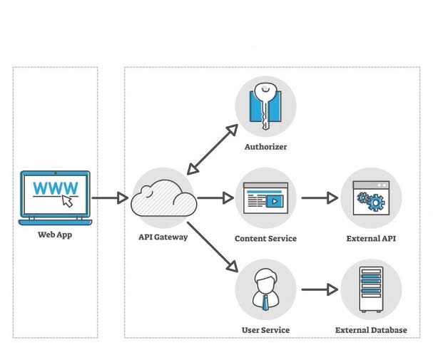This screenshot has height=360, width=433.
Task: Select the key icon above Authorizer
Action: pyautogui.click(x=265, y=107)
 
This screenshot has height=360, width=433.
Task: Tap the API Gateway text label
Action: pyautogui.click(x=163, y=237)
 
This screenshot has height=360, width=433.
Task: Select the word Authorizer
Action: pyautogui.click(x=265, y=148)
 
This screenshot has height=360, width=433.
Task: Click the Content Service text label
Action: pyautogui.click(x=265, y=238)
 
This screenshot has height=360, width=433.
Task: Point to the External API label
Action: pyautogui.click(x=371, y=238)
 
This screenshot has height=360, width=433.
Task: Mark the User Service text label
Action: pyautogui.click(x=265, y=330)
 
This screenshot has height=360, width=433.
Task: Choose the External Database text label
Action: pyautogui.click(x=371, y=330)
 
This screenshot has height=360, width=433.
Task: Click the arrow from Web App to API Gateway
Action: pyautogui.click(x=109, y=197)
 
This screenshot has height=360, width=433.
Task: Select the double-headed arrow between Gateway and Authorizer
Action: pyautogui.click(x=212, y=149)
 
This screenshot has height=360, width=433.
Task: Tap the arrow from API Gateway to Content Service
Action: pyautogui.click(x=215, y=197)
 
